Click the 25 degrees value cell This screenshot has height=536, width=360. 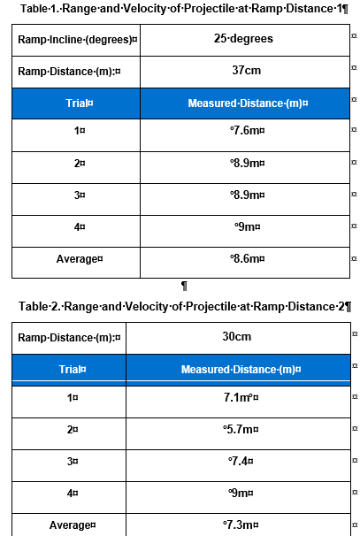click(243, 39)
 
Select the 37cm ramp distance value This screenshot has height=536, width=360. click(243, 71)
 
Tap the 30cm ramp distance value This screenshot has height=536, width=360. click(237, 337)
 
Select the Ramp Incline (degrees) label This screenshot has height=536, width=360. click(77, 40)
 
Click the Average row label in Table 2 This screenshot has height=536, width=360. click(72, 525)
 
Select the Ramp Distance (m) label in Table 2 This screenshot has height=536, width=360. click(70, 337)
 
